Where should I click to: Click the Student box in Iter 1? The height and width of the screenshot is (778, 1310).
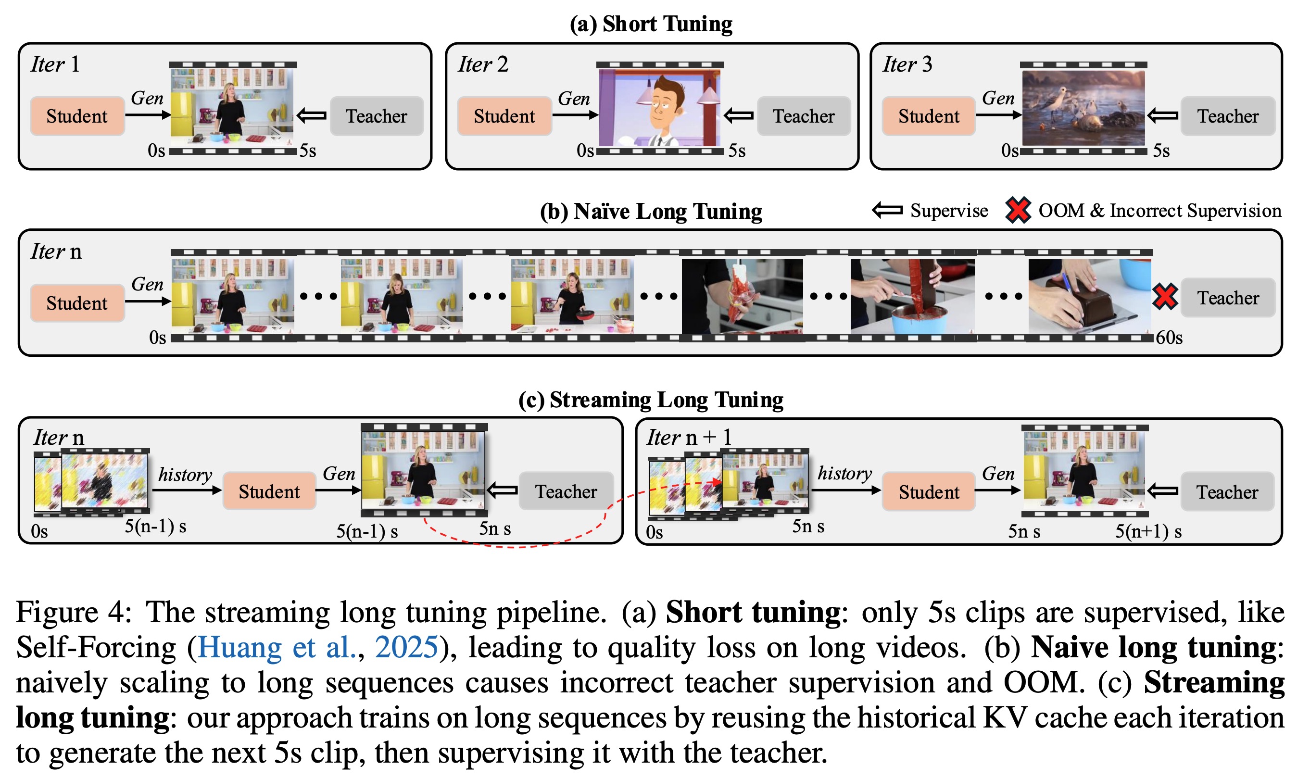click(x=77, y=116)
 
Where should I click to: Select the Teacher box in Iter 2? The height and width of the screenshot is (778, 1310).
click(x=803, y=116)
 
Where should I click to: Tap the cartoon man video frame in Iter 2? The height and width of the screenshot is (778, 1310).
click(x=659, y=108)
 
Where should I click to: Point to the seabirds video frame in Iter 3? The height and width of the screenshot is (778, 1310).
click(x=1083, y=108)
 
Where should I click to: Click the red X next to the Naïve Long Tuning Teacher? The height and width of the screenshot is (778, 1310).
click(x=1164, y=296)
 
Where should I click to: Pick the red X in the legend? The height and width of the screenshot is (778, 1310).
click(x=1018, y=210)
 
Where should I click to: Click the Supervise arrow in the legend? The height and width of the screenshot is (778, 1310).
click(x=887, y=210)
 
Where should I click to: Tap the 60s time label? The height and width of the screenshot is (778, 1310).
click(x=1169, y=338)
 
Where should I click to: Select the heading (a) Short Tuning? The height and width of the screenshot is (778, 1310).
click(x=651, y=24)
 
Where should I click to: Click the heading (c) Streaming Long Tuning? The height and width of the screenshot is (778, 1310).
click(x=651, y=400)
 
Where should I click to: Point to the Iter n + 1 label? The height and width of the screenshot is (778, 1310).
click(x=688, y=437)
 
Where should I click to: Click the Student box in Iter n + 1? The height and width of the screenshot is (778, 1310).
click(x=928, y=492)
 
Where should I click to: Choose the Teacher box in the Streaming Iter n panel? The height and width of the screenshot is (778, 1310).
click(x=566, y=491)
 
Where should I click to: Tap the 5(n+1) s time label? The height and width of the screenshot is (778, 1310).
click(x=1147, y=532)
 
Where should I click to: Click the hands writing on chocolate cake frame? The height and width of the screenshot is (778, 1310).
click(x=1089, y=296)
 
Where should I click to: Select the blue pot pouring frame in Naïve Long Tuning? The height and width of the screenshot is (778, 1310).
click(x=912, y=296)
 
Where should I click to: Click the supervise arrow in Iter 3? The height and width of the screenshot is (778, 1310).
click(x=1162, y=115)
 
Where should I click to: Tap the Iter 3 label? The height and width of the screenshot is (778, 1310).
click(x=907, y=64)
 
